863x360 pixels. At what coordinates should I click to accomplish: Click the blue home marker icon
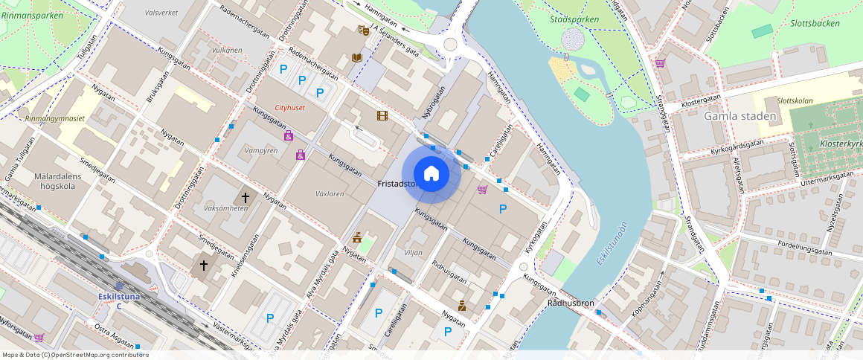[431, 174]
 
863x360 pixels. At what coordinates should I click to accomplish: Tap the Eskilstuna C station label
[118, 296]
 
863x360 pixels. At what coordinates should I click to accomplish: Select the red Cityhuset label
[290, 108]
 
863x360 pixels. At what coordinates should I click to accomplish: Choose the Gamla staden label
[740, 116]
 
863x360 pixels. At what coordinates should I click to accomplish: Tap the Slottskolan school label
[794, 100]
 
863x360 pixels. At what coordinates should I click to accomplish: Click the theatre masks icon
[363, 30]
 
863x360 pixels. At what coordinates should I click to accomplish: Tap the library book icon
[357, 57]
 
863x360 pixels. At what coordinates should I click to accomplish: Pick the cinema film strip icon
[382, 115]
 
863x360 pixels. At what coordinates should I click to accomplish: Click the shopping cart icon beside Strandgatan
[659, 63]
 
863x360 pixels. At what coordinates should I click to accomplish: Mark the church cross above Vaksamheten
[244, 198]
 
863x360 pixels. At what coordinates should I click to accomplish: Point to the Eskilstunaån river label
[612, 243]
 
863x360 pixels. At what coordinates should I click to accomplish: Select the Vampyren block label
[261, 150]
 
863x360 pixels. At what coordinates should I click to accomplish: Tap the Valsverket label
[161, 13]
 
